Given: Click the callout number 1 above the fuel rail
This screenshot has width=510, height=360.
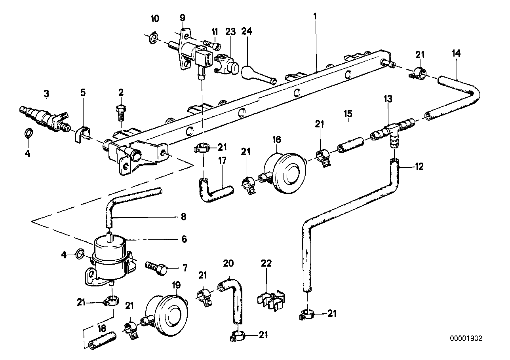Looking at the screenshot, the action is click(315, 17).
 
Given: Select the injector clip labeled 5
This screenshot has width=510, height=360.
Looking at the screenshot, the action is click(82, 135).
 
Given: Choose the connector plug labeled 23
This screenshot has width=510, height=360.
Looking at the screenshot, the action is click(226, 64).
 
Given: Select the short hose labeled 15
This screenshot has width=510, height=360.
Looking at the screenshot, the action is click(351, 145).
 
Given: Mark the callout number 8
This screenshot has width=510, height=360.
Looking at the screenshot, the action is click(183, 216).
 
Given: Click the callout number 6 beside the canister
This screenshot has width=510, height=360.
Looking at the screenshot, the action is click(184, 239).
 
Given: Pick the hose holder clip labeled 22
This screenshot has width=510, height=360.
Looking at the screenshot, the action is click(271, 299).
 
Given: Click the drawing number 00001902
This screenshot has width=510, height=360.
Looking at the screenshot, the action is click(466, 339).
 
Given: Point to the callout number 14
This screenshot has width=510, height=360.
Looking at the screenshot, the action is click(456, 53).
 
